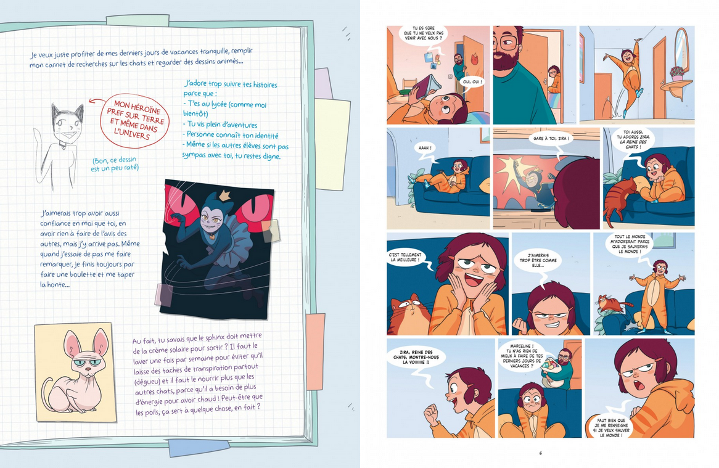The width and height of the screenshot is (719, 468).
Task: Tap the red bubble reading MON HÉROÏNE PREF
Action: coord(134,121)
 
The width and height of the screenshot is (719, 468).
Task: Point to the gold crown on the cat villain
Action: coord(224,196)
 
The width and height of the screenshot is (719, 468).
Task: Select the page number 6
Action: coord(541,453)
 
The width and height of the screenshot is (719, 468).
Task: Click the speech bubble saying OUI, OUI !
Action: coord(472,82)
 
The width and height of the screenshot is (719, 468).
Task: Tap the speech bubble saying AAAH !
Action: coord(425,149)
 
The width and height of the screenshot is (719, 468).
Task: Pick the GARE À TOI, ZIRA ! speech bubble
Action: coord(551,139)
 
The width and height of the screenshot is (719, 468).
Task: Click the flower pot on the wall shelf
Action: coord(677,73)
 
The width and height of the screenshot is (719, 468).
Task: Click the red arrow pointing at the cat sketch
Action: coord(96,101)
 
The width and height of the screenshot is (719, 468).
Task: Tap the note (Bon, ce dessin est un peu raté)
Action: coord(115,163)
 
